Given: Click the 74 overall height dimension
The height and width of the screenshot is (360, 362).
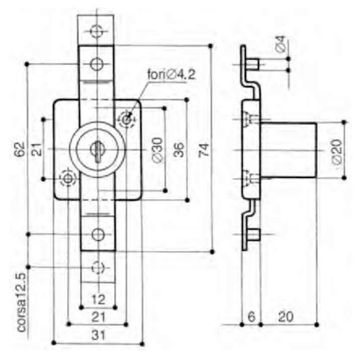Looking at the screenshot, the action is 204,150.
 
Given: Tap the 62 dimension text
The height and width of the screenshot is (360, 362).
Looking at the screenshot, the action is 20,150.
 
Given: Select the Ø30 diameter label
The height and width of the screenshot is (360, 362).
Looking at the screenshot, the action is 158,150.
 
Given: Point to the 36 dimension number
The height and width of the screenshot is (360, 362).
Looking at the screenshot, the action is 178,150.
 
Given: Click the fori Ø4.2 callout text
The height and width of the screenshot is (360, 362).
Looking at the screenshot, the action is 171,74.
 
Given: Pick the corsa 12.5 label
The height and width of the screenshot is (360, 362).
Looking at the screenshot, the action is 22,303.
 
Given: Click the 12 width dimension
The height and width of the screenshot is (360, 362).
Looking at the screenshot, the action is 99,299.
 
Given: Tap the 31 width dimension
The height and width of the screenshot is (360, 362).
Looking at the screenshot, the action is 99,335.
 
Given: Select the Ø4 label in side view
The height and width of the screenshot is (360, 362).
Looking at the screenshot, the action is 281,44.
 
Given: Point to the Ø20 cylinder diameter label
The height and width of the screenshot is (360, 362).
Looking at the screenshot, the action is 337,151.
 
